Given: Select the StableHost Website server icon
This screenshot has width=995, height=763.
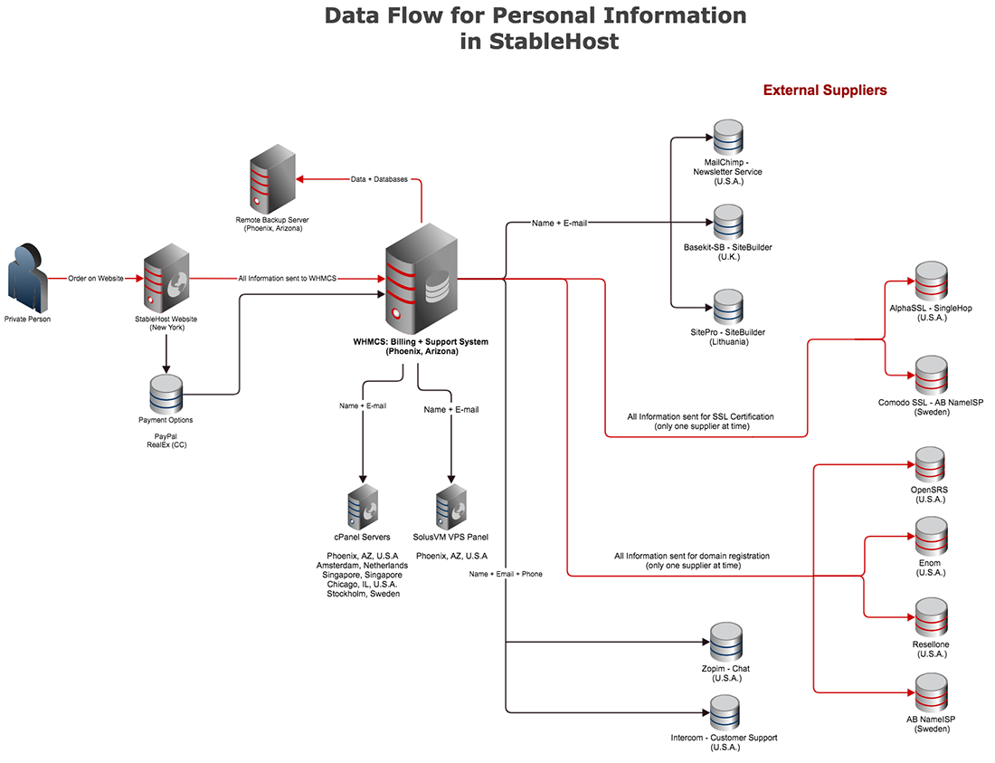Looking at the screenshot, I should coord(166,280).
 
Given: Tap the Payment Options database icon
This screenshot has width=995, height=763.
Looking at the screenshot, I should coord(166,395).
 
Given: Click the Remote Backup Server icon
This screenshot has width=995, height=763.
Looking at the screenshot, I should coord(272,182).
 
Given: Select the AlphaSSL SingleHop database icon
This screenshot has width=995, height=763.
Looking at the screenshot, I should coord(930,281).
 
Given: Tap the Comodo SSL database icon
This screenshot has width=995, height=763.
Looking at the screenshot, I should coord(930,375).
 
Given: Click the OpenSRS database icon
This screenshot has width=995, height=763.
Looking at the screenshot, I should coord(930,464).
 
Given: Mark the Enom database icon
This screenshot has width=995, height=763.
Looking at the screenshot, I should coord(930,537).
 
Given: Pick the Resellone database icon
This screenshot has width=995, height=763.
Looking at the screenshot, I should coord(930,617).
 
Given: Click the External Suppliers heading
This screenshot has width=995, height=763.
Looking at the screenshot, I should coord(825,91).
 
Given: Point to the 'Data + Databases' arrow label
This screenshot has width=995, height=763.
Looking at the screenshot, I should coord(378,179).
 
